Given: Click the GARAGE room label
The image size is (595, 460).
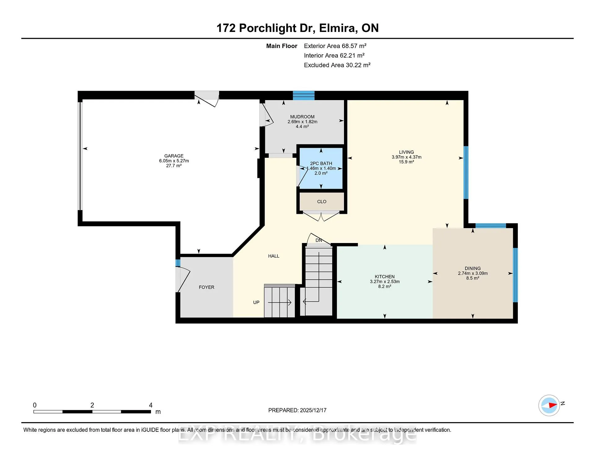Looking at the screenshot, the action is pyautogui.click(x=174, y=156).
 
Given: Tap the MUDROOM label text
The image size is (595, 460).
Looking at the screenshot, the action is pyautogui.click(x=302, y=117).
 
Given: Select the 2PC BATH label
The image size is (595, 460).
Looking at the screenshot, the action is pyautogui.click(x=321, y=163).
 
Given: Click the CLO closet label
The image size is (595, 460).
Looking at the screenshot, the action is pyautogui.click(x=322, y=201).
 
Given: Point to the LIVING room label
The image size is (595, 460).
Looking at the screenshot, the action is pyautogui.click(x=406, y=152).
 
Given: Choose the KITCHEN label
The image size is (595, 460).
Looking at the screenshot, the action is pyautogui.click(x=385, y=277).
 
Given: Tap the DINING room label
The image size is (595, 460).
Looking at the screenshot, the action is pyautogui.click(x=473, y=268).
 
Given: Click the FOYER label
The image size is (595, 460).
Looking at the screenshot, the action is pyautogui.click(x=206, y=287).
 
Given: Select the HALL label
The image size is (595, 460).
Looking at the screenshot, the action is pyautogui.click(x=274, y=256).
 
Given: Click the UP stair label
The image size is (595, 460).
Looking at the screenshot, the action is pyautogui.click(x=256, y=303).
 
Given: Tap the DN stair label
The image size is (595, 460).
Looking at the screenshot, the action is pyautogui.click(x=319, y=240).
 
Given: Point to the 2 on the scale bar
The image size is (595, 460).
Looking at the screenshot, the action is pyautogui.click(x=92, y=405).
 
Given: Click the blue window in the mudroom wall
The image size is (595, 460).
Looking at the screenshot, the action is pyautogui.click(x=304, y=95).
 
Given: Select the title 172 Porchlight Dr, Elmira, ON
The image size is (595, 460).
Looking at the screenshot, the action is pyautogui.click(x=297, y=28).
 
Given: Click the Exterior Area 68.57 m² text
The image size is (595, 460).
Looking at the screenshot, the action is pyautogui.click(x=335, y=46).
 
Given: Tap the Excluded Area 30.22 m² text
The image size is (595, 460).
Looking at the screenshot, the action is pyautogui.click(x=337, y=65).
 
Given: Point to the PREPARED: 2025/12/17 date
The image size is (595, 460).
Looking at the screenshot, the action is pyautogui.click(x=297, y=410).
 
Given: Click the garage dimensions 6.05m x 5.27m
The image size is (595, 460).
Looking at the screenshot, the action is pyautogui.click(x=174, y=161).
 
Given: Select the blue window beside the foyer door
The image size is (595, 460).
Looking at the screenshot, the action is pyautogui.click(x=178, y=263).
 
